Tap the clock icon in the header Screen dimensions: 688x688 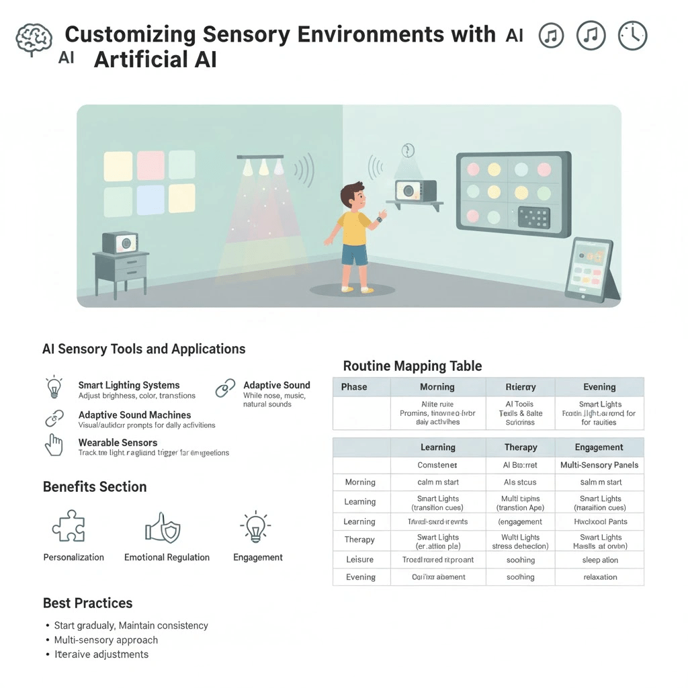click(x=632, y=36)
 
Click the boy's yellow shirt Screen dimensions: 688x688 click(x=353, y=228)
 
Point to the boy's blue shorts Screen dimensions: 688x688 click(x=354, y=255)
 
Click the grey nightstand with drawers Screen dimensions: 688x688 click(x=120, y=269)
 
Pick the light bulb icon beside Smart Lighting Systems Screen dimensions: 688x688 click(x=54, y=388)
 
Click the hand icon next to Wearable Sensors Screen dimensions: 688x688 click(x=54, y=445)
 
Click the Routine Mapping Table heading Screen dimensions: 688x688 click(x=412, y=366)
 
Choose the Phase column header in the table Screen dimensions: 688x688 click(x=353, y=387)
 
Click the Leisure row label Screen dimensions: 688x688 click(x=359, y=560)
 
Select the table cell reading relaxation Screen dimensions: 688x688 click(x=600, y=576)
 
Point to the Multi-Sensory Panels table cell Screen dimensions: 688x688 click(x=599, y=465)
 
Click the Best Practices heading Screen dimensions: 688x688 click(x=87, y=603)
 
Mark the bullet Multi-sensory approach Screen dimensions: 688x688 click(x=106, y=640)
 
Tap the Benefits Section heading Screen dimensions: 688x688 click(x=95, y=486)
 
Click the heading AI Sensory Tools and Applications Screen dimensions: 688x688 click(x=144, y=349)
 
